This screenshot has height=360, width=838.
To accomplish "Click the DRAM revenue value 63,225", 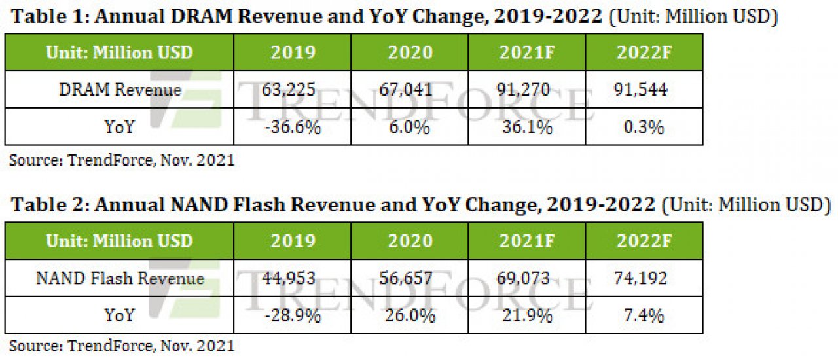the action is pyautogui.click(x=289, y=90).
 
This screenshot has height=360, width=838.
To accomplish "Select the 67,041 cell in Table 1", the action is pyautogui.click(x=406, y=90).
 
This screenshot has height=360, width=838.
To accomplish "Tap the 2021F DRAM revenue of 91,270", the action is pyautogui.click(x=523, y=90).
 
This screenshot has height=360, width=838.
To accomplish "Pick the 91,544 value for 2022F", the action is pyautogui.click(x=640, y=90).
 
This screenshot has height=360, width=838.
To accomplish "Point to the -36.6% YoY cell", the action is pyautogui.click(x=293, y=127).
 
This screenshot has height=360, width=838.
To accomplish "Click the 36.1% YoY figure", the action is pyautogui.click(x=527, y=127).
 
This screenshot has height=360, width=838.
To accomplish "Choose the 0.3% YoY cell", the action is pyautogui.click(x=644, y=127).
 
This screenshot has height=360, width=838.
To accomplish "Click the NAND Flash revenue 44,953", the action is pyautogui.click(x=289, y=278).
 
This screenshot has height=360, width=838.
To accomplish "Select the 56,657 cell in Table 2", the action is pyautogui.click(x=406, y=278).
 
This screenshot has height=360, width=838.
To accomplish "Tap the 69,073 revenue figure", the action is pyautogui.click(x=523, y=278).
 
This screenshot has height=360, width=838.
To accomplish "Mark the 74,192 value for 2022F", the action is pyautogui.click(x=640, y=278).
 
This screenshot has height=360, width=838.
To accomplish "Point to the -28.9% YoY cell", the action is pyautogui.click(x=293, y=315).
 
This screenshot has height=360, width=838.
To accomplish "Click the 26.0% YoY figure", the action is pyautogui.click(x=410, y=315).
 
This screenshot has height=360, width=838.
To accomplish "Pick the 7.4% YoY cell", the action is pyautogui.click(x=644, y=315).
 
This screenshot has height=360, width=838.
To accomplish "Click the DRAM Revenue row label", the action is pyautogui.click(x=120, y=90).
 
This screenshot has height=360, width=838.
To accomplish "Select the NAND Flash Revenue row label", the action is pyautogui.click(x=120, y=278).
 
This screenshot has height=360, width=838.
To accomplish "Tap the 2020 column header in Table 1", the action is pyautogui.click(x=410, y=52).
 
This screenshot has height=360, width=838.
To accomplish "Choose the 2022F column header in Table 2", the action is pyautogui.click(x=644, y=241).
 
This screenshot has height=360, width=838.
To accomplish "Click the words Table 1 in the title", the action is pyautogui.click(x=50, y=16).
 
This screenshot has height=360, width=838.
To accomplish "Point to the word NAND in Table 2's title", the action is pyautogui.click(x=198, y=205).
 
